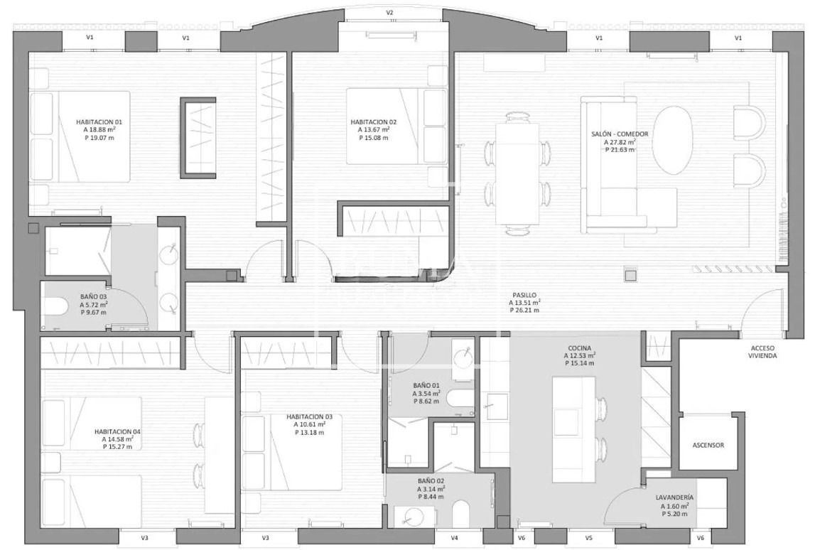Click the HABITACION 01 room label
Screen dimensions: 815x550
tap(99, 122)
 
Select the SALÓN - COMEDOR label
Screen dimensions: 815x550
tap(620, 134)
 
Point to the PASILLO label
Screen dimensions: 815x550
tap(524, 296)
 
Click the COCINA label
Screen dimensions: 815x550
tap(580, 348)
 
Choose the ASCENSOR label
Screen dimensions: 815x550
tap(708, 446)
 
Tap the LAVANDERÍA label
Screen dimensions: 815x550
tap(674, 497)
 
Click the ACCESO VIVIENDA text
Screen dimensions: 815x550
tap(762, 352)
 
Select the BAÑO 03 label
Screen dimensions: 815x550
tap(94, 297)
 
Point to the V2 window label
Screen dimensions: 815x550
tap(390, 13)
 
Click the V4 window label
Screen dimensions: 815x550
tap(454, 538)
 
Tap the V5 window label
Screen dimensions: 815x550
tap(589, 538)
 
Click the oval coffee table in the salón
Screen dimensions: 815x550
tap(673, 141)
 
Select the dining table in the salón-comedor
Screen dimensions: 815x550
tap(518, 173)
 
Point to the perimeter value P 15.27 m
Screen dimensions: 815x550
tap(117, 446)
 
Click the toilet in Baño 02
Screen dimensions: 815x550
tap(461, 514)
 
